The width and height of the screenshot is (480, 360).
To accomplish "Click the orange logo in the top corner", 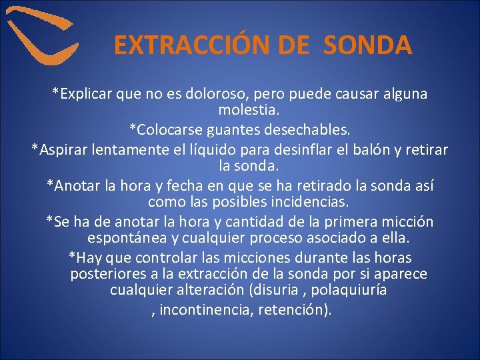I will click(x=41, y=37).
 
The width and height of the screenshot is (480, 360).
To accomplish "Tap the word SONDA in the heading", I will click(x=368, y=45).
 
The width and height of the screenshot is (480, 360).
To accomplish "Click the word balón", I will click(x=379, y=149).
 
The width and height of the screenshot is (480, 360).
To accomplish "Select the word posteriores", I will click(x=107, y=274).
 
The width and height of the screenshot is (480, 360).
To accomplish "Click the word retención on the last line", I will click(x=293, y=311).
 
